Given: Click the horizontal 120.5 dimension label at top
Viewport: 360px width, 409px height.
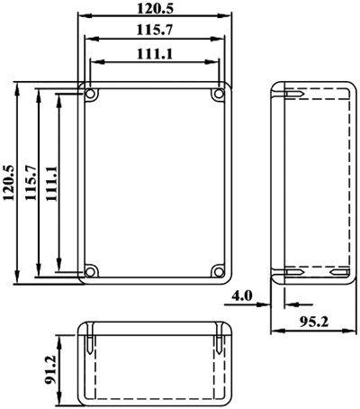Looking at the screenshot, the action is [155, 9].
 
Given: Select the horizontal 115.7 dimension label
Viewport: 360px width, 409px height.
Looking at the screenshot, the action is [155, 30].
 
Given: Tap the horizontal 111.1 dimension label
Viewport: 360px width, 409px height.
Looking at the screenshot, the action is [155, 54].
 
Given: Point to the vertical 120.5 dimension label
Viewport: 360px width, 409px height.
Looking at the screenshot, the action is [8, 183].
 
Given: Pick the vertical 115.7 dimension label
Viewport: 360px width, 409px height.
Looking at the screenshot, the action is [31, 183].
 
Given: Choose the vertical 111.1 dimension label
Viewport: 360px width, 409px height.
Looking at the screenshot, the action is [51, 183].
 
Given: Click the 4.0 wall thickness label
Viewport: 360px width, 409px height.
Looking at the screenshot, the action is [242, 296].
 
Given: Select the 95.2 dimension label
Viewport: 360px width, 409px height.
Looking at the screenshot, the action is [314, 322].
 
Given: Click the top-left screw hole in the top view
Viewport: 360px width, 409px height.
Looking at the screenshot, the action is [90, 95].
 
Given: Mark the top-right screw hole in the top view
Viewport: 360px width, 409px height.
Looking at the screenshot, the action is [220, 95].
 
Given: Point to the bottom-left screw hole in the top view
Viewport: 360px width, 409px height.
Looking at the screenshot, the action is [90, 272].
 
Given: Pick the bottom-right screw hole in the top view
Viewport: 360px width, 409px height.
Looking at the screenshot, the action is [220, 272].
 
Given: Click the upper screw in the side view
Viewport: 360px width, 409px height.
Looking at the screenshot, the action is [294, 94].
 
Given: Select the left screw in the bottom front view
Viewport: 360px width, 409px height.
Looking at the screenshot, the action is [90, 344].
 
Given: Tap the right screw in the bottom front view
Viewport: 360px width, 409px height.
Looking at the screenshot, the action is [220, 344].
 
